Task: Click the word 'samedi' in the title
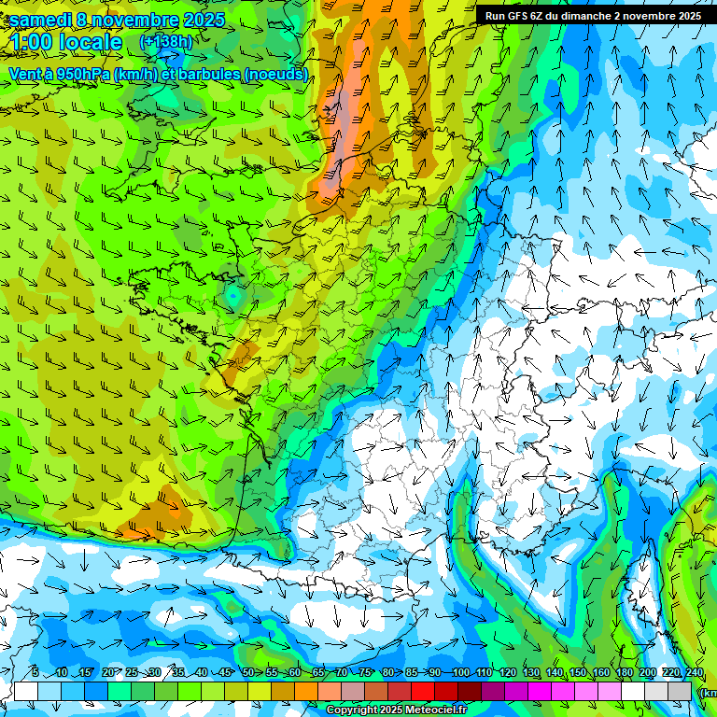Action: click(41, 20)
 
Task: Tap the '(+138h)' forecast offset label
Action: click(165, 41)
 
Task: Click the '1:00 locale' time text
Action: click(66, 42)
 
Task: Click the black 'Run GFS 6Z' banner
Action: click(594, 15)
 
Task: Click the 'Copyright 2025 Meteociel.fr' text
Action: click(396, 710)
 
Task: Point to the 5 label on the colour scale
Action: click(35, 673)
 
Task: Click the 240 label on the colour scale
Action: click(694, 673)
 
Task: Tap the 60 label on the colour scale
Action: click(294, 673)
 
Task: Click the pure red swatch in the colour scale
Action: click(423, 691)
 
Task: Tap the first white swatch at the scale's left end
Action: click(26, 691)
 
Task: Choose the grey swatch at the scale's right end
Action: click(680, 691)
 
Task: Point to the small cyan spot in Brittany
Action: click(231, 295)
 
